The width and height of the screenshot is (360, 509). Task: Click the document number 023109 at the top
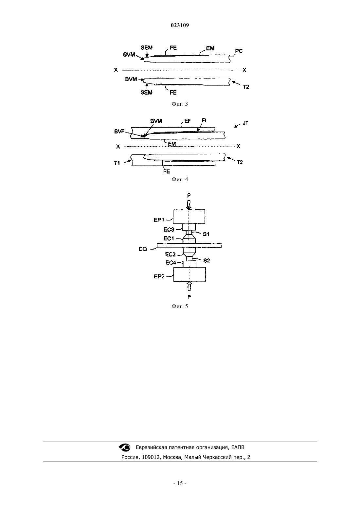180,26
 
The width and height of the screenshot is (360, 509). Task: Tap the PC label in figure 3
239,51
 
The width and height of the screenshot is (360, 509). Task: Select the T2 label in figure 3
246,87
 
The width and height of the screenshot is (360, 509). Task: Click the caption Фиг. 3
180,104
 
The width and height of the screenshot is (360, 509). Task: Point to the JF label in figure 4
245,123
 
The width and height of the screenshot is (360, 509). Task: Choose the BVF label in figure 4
119,132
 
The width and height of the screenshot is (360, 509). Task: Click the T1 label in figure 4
117,163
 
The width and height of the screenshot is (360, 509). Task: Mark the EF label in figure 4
188,121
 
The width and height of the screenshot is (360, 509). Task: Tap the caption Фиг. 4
180,180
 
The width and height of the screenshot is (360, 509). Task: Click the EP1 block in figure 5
189,217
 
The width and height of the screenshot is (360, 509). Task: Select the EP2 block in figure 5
189,274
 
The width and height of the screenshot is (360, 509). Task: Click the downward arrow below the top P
189,204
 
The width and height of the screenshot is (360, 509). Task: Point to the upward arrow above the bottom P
189,286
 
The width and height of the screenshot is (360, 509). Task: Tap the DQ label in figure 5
143,249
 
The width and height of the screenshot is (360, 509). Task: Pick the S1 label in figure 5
206,234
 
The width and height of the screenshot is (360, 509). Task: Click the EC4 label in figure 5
171,263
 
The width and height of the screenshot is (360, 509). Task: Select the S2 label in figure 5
207,261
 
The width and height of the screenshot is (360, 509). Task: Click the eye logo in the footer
125,447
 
